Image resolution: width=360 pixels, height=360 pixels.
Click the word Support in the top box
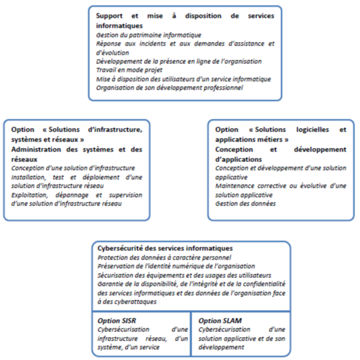pyautogui.click(x=110, y=16)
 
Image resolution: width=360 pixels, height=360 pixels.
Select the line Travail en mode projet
pyautogui.click(x=122, y=70)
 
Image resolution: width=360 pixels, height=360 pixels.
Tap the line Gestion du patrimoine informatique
pyautogui.click(x=148, y=35)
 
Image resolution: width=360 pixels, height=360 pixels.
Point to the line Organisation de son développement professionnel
pyautogui.click(x=169, y=87)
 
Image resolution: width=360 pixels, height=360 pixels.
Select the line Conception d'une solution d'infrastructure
pyautogui.click(x=73, y=168)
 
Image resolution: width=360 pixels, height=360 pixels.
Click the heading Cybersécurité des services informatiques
pyautogui.click(x=165, y=248)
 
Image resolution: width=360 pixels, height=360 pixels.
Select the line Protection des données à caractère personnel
pyautogui.click(x=164, y=258)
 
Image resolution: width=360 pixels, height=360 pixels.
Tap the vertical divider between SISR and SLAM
pyautogui.click(x=191, y=333)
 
